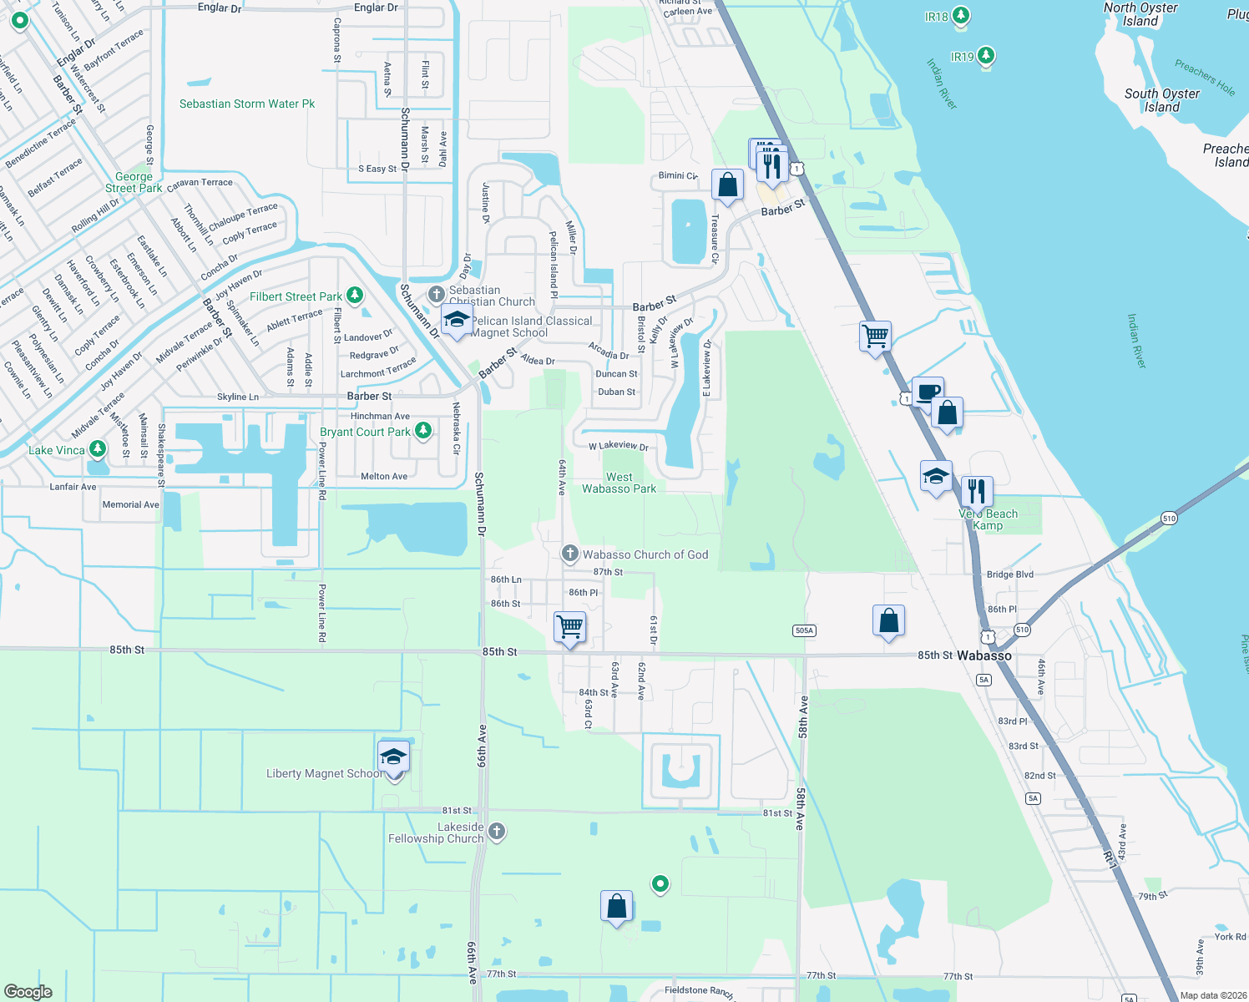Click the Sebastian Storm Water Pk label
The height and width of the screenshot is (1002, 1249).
[247, 104]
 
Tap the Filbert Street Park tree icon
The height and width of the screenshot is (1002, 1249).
[355, 296]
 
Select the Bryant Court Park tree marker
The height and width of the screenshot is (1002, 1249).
[423, 431]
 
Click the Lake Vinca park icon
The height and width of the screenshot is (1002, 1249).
[98, 449]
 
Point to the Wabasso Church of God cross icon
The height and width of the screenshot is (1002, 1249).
[570, 554]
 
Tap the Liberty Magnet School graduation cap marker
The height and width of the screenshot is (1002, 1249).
[393, 758]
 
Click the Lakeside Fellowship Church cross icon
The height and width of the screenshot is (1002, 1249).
[497, 831]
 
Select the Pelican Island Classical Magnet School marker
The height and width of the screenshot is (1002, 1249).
[457, 321]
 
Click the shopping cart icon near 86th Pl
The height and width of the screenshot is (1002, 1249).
[570, 626]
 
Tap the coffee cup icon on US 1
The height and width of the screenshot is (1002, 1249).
[928, 392]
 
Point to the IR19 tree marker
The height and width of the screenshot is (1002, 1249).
[986, 56]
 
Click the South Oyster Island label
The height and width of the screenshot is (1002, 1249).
[1161, 100]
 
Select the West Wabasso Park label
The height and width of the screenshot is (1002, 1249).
[619, 483]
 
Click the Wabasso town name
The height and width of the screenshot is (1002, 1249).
[984, 655]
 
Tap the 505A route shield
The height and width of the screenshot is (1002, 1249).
[804, 630]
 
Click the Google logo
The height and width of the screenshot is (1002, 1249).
[28, 991]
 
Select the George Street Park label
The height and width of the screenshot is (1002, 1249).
[134, 182]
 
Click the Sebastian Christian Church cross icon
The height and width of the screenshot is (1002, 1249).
[436, 294]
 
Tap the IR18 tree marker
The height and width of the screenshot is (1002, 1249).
[961, 16]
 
